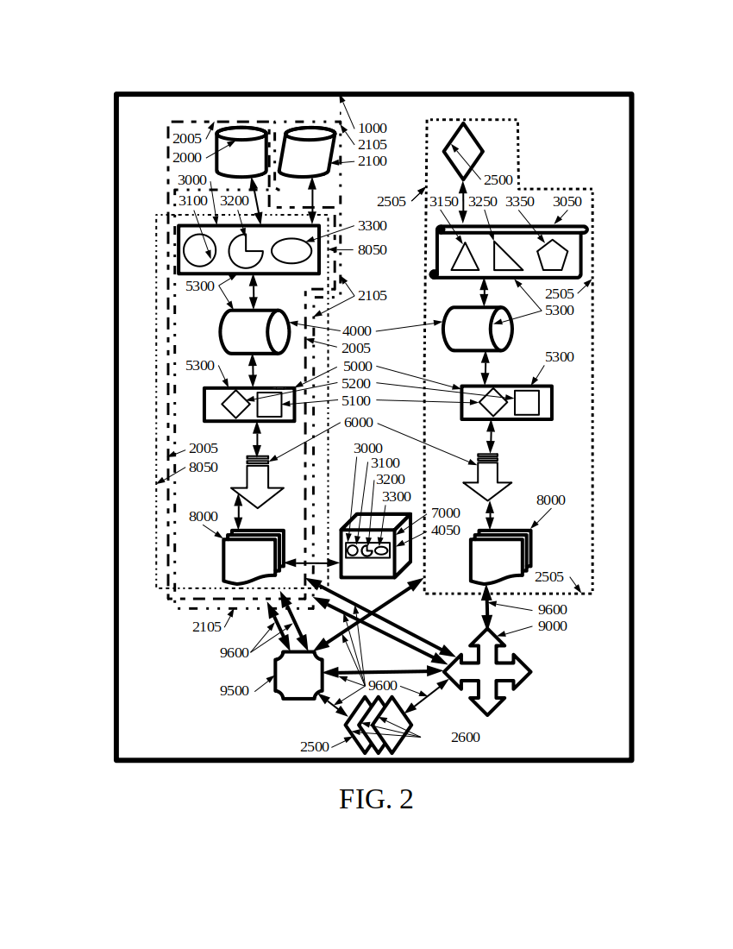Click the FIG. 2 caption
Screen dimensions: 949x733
(x=376, y=800)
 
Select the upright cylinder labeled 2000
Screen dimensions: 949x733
(x=241, y=153)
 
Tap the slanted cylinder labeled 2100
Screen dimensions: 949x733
(x=306, y=153)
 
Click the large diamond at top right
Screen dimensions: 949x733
(x=463, y=152)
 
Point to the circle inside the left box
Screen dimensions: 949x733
(x=199, y=250)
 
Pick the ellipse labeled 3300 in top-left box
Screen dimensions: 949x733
(x=291, y=250)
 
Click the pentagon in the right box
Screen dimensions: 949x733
(x=552, y=255)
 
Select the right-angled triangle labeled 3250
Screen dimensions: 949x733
(x=505, y=256)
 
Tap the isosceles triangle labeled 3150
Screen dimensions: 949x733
(x=465, y=257)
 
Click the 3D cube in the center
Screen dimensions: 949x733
(x=373, y=547)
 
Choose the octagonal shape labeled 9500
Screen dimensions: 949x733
(x=298, y=675)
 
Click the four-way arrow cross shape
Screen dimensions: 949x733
(x=487, y=671)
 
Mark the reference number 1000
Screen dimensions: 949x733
(x=373, y=129)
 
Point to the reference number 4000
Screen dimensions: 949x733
(x=356, y=331)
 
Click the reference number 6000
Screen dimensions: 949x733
(x=358, y=423)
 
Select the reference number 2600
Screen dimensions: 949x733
(x=465, y=738)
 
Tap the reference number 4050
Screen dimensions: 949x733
(x=445, y=531)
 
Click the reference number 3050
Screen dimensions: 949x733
(x=567, y=202)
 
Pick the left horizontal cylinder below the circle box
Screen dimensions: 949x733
(x=254, y=332)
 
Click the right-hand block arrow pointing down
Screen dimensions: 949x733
(x=487, y=479)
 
